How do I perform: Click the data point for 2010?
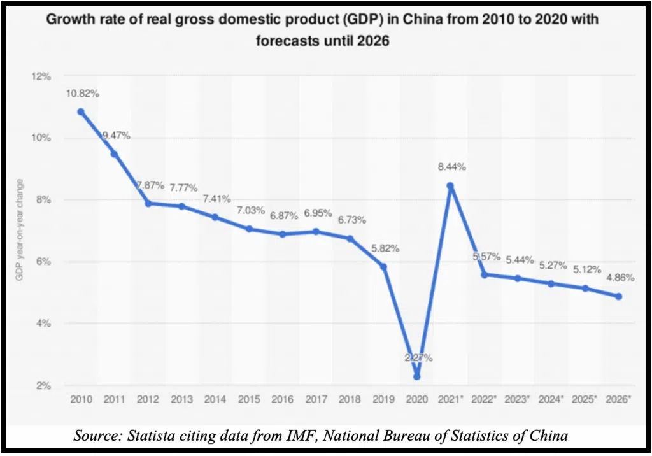pyautogui.click(x=81, y=111)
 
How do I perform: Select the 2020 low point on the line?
pyautogui.click(x=416, y=376)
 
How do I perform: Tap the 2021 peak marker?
pyautogui.click(x=450, y=186)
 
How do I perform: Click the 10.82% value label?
pyautogui.click(x=82, y=94)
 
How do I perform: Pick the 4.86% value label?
pyautogui.click(x=618, y=278)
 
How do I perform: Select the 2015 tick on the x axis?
pyautogui.click(x=248, y=399)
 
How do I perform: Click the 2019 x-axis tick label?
pyautogui.click(x=383, y=399)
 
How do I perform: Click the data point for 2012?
pyautogui.click(x=148, y=203)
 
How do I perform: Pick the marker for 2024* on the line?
pyautogui.click(x=551, y=283)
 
